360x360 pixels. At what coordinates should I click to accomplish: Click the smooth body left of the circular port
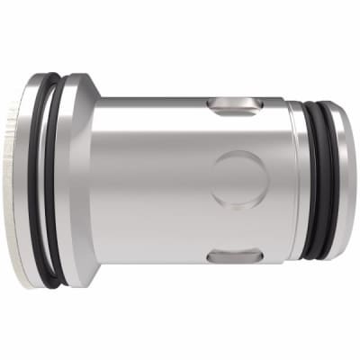coord(153,180)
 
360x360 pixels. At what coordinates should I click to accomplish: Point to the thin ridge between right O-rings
coord(324,180)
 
